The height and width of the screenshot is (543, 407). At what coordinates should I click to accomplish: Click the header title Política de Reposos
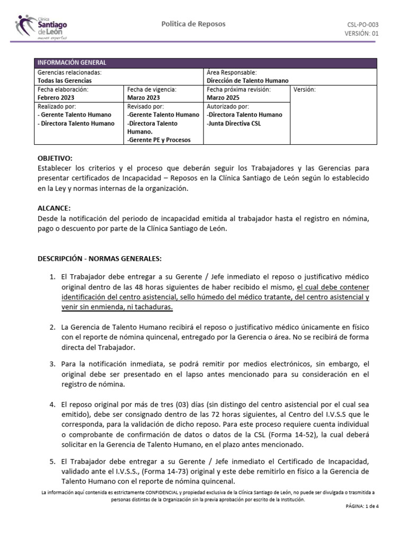(193, 24)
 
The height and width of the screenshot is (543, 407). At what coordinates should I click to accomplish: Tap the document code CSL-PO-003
(362, 24)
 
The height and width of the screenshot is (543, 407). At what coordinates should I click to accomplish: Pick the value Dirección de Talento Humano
(247, 81)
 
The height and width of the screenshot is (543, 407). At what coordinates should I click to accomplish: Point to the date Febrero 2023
(56, 98)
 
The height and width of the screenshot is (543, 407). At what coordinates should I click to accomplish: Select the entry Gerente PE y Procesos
(158, 140)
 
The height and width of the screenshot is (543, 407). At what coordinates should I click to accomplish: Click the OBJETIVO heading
(55, 159)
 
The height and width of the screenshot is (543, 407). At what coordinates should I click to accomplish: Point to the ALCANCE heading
(54, 208)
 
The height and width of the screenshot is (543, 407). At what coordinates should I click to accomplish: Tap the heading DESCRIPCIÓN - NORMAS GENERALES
(99, 259)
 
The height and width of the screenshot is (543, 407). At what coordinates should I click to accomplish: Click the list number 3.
(52, 364)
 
